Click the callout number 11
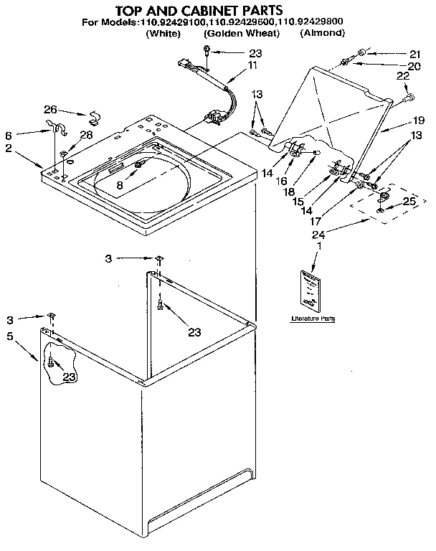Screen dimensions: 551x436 click(x=252, y=65)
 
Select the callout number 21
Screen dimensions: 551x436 click(x=414, y=53)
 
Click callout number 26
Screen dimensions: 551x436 click(x=49, y=110)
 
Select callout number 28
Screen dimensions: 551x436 click(x=86, y=135)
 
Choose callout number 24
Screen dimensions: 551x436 click(x=317, y=235)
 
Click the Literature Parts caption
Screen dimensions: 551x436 click(x=313, y=318)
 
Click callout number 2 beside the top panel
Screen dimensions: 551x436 click(x=8, y=148)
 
